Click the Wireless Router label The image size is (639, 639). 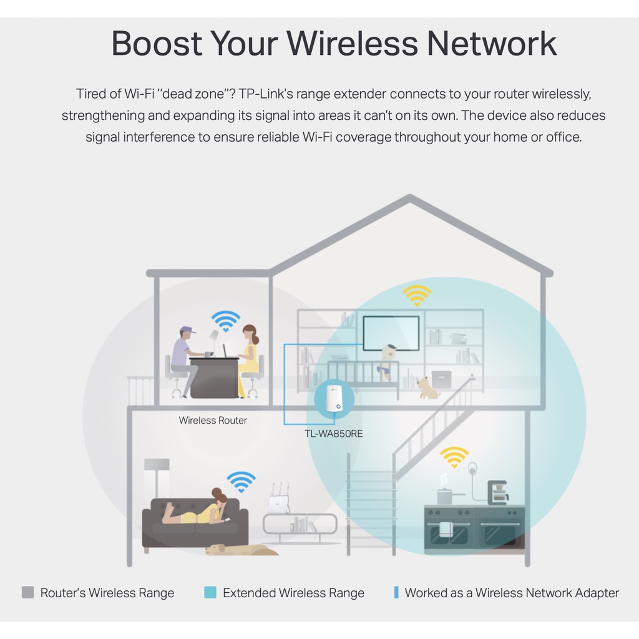point(213,421)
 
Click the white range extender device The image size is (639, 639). point(331,400)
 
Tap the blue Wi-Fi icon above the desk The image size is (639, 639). point(225,321)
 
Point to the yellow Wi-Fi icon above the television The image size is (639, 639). point(417,295)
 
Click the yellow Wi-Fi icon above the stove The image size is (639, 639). point(454,457)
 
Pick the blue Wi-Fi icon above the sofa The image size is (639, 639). point(241,482)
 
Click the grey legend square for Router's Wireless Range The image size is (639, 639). point(27,592)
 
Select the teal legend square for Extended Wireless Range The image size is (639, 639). point(210,592)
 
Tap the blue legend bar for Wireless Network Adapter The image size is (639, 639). point(396,592)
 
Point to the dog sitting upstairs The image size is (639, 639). point(428,388)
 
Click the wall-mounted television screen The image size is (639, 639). point(391,334)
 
